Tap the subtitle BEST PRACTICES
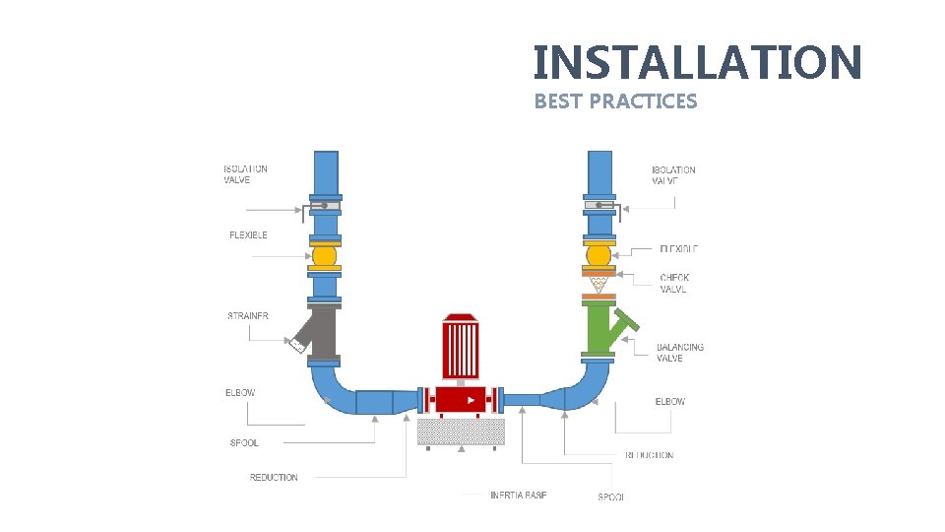pos(615,101)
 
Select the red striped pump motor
pos(460,347)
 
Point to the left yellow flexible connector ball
pos(324,255)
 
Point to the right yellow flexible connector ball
pos(598,256)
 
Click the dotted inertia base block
pos(462,432)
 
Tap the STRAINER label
pos(248,316)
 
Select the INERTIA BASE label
pos(518,495)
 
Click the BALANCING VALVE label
pos(680,353)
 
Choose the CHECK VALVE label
pos(674,284)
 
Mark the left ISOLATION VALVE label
pos(245,174)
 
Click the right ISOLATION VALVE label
pos(673,175)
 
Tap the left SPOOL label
pos(244,443)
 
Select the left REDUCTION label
pos(274,478)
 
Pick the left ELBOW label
pos(240,393)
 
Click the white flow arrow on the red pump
pos(471,400)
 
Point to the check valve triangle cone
pos(598,285)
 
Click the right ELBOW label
pos(669,402)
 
